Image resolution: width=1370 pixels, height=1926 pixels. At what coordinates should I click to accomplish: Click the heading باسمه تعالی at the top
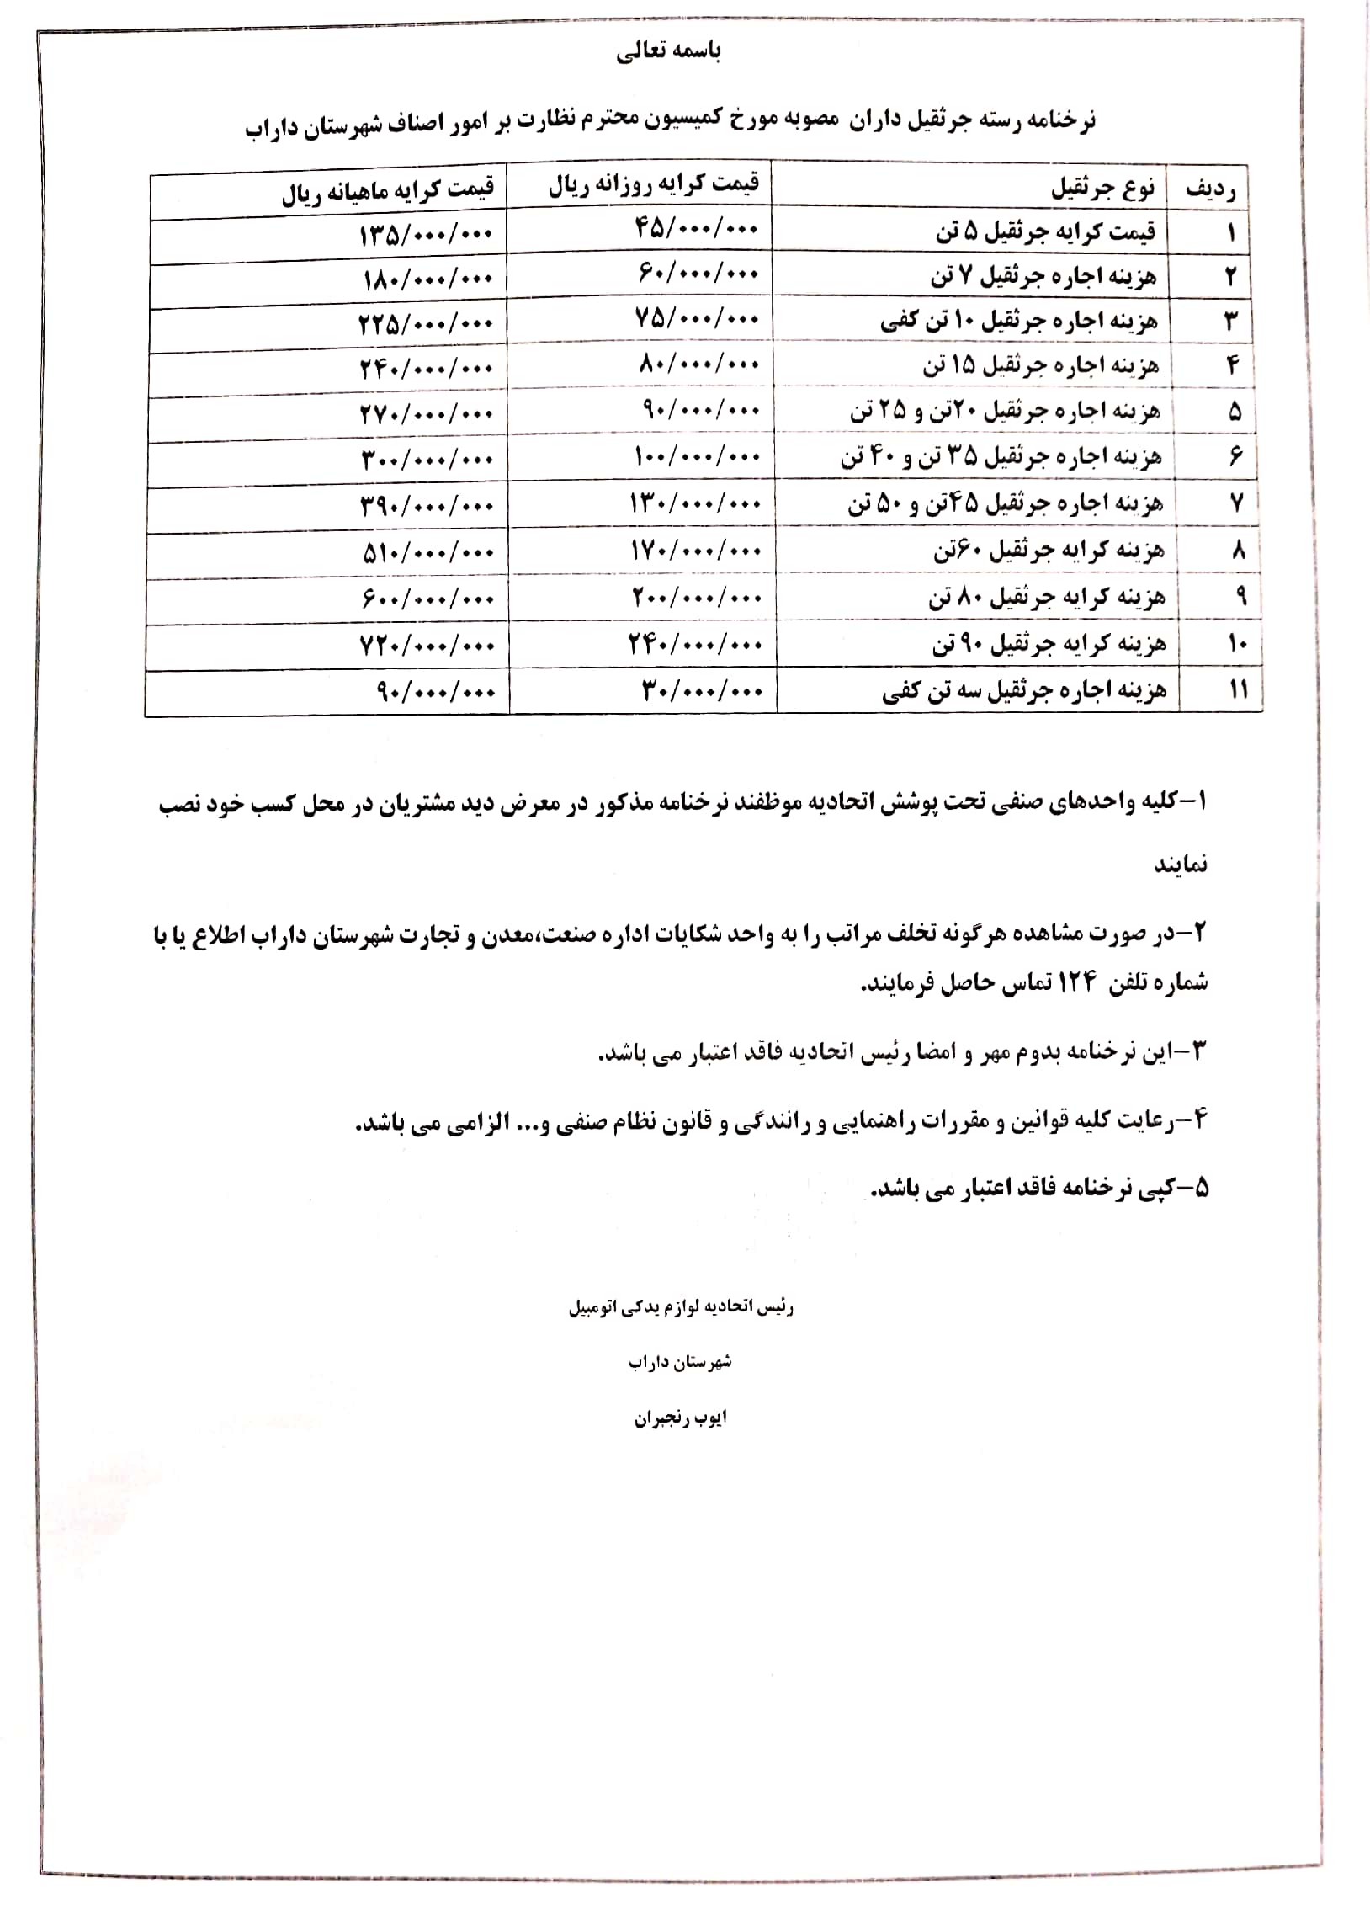(668, 52)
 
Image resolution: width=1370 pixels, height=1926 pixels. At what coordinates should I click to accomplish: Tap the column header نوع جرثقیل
(1102, 187)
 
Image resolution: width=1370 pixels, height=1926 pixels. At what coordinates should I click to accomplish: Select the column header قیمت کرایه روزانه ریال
(654, 184)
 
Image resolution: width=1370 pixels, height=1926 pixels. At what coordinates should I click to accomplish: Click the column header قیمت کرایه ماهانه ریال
(387, 190)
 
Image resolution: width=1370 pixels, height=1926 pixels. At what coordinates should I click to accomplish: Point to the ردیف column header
(1210, 189)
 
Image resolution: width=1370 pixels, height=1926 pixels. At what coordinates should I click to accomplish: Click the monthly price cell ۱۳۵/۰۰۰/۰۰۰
(426, 235)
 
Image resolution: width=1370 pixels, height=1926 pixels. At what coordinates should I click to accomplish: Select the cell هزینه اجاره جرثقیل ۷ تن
(1043, 276)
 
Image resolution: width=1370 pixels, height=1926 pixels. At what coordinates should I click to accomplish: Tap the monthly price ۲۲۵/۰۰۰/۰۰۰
(426, 323)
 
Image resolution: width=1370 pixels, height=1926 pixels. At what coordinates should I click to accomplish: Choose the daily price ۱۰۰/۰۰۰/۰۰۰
(697, 456)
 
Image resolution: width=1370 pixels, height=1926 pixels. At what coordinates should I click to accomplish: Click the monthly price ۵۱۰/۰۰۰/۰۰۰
(427, 553)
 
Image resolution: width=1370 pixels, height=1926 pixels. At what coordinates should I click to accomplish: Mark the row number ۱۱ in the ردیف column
(1238, 689)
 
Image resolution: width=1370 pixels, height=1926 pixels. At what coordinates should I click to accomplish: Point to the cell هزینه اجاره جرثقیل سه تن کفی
(1024, 691)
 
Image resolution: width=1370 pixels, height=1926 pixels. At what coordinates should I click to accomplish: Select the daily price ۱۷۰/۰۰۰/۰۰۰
(697, 551)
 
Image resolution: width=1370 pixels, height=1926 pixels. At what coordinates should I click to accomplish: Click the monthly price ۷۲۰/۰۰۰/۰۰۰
(427, 646)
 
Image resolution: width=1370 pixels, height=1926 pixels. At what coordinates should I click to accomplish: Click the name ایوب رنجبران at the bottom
(680, 1418)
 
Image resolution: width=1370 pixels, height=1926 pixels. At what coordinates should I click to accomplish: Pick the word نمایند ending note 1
(1180, 865)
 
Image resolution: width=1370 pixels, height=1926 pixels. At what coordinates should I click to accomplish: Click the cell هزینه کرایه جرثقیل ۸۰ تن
(1047, 598)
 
